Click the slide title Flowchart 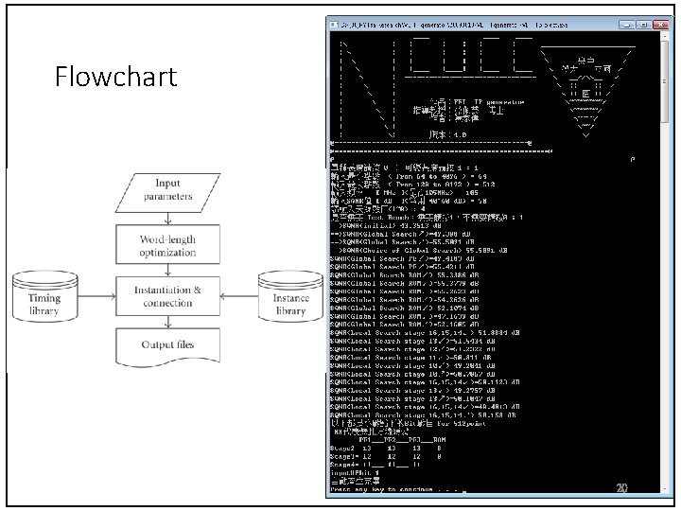pos(115,76)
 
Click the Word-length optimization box pos(167,247)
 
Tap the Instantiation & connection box pos(167,296)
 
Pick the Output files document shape pos(167,345)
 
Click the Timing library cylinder pos(44,296)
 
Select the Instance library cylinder pos(290,296)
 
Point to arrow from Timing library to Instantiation pos(96,296)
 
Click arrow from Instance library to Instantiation pos(240,296)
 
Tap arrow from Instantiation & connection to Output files pos(167,321)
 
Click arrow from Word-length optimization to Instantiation pos(167,272)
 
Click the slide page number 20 pos(621,487)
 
